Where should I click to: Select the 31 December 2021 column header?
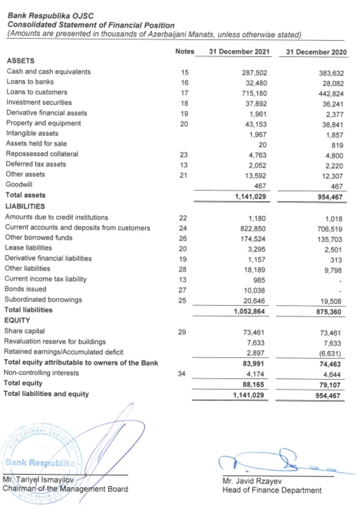click(239, 52)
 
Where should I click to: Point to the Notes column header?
click(184, 51)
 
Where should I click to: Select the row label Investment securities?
click(39, 103)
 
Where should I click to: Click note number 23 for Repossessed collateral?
click(184, 154)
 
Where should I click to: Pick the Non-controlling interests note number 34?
click(182, 373)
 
